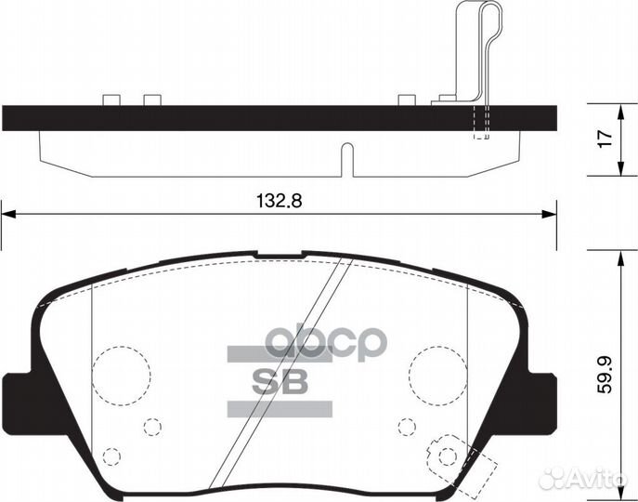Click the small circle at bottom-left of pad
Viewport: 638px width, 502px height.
point(111,456)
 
